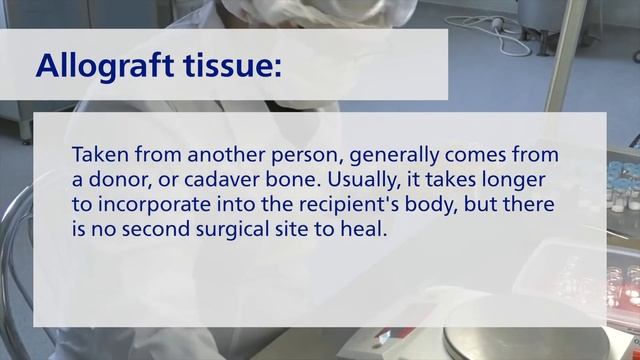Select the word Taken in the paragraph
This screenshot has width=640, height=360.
pos(97,157)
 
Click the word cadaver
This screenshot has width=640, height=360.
pos(209,181)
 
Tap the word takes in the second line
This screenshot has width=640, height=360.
pos(439,181)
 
